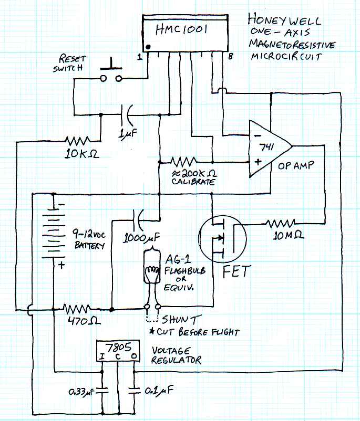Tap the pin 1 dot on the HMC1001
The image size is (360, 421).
point(149,47)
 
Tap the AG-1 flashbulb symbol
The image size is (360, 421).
point(152,270)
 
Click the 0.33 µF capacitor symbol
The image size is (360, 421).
point(102,391)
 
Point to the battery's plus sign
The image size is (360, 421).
point(62,266)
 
